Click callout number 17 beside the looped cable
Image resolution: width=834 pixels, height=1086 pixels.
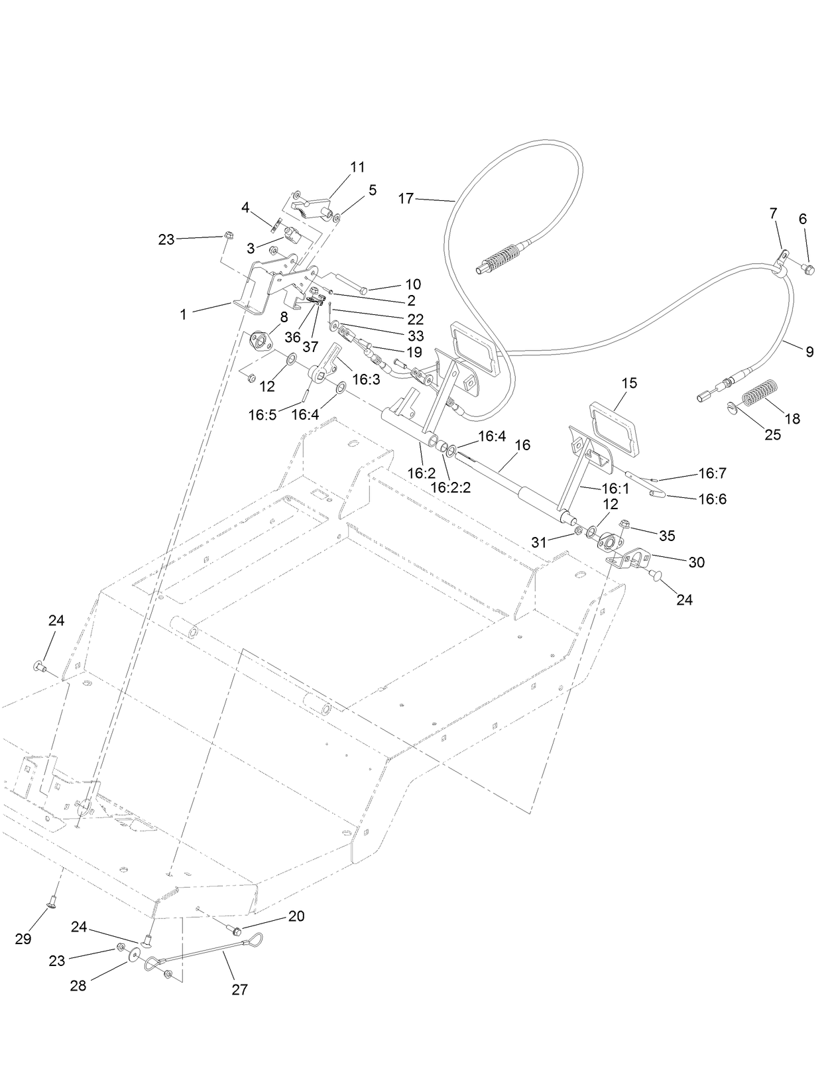pyautogui.click(x=406, y=198)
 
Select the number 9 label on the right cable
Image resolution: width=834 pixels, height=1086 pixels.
pyautogui.click(x=809, y=352)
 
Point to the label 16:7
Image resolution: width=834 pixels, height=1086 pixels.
pyautogui.click(x=713, y=473)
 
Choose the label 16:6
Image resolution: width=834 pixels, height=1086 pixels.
pyautogui.click(x=713, y=499)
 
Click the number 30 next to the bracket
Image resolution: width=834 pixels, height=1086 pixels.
pyautogui.click(x=696, y=562)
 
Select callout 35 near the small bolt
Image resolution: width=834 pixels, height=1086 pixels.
pyautogui.click(x=666, y=535)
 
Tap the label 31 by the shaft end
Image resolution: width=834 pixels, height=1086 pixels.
pyautogui.click(x=540, y=542)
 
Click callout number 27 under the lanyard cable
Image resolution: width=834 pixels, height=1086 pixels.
pyautogui.click(x=239, y=989)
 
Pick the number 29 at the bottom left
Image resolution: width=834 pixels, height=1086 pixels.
pyautogui.click(x=23, y=939)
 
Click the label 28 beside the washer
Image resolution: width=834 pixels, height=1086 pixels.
pyautogui.click(x=78, y=986)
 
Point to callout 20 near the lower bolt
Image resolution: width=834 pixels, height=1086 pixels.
pyautogui.click(x=296, y=916)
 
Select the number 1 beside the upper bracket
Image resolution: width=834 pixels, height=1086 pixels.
pyautogui.click(x=184, y=314)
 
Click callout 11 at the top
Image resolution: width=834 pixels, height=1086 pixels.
pyautogui.click(x=357, y=167)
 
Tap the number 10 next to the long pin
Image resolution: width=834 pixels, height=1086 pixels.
pyautogui.click(x=412, y=284)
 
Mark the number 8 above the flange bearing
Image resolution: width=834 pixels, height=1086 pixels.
pyautogui.click(x=284, y=317)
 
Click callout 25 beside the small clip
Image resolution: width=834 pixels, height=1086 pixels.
pyautogui.click(x=772, y=435)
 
